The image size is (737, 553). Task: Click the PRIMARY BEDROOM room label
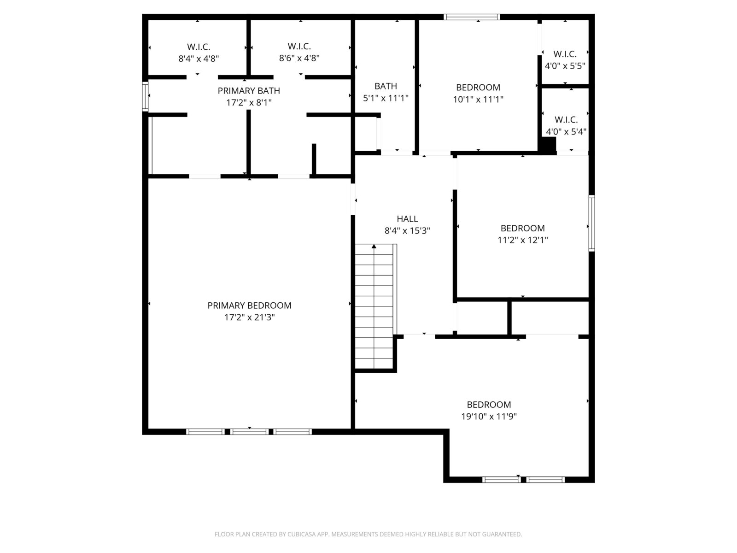point(249,305)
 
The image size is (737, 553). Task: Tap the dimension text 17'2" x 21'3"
point(250,317)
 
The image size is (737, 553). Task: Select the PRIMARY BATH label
point(249,91)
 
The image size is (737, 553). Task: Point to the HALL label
point(407,219)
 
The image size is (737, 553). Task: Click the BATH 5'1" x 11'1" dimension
point(386,98)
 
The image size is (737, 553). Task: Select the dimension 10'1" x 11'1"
point(478,99)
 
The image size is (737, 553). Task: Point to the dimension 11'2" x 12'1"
point(522,240)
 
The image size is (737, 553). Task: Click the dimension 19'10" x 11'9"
point(489,416)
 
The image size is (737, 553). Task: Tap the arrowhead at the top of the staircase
point(374,247)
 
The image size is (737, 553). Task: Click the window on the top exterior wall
point(472,17)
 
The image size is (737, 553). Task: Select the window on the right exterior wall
point(591,224)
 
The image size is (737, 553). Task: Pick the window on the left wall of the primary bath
point(145,97)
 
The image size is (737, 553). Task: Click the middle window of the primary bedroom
point(249,432)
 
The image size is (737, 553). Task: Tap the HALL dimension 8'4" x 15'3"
point(407,231)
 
